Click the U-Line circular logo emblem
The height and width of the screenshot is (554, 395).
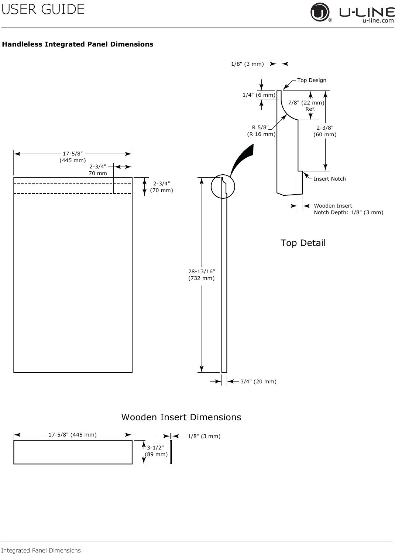(320, 12)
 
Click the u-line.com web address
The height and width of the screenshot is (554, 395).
(378, 21)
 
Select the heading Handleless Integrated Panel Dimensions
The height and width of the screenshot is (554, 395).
(78, 44)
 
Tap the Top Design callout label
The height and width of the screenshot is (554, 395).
(312, 80)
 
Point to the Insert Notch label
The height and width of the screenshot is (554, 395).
(330, 179)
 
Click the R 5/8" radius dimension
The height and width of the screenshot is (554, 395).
(261, 131)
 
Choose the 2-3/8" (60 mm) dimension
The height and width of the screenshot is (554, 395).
(325, 131)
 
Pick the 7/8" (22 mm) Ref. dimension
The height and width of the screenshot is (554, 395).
(306, 106)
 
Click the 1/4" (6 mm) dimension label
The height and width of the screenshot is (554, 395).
(259, 95)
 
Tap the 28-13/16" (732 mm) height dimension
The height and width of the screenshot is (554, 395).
(202, 275)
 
